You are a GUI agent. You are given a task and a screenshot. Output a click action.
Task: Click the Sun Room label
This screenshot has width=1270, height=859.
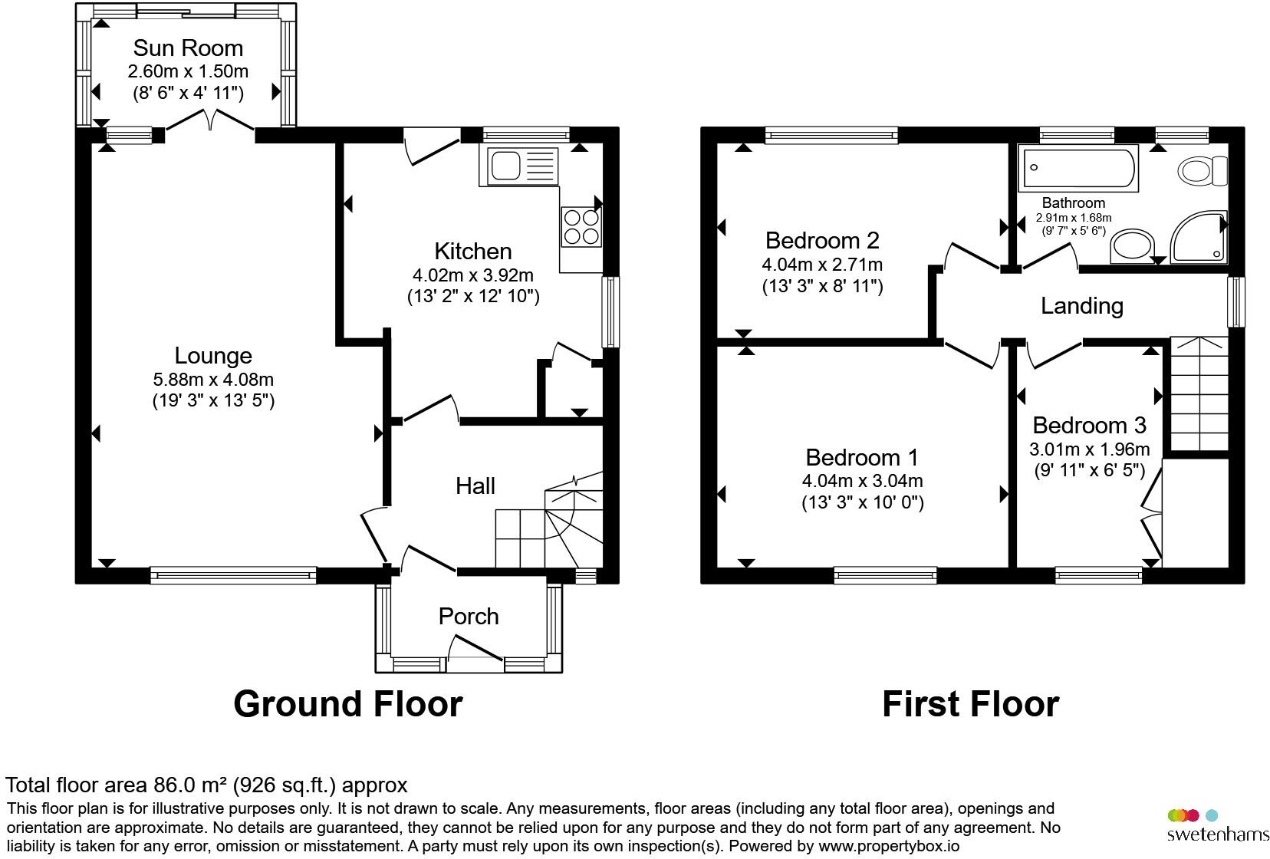188,48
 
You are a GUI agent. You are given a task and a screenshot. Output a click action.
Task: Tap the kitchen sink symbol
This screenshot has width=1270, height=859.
518,166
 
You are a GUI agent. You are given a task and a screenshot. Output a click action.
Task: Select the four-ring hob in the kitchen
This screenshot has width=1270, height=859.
581,227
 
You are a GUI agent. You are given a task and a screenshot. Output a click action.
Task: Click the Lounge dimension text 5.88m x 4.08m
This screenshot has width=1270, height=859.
213,380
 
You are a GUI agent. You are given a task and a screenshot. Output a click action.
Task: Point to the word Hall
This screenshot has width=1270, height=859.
475,486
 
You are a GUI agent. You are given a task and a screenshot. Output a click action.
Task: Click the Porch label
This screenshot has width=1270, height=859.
469,617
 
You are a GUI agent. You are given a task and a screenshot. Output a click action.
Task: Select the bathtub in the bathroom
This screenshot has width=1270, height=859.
1078,168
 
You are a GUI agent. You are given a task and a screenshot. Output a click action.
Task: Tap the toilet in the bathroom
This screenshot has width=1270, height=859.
1203,170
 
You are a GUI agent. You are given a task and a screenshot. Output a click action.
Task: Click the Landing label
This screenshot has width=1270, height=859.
1082,306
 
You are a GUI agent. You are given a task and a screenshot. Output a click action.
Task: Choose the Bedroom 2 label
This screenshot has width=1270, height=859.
822,241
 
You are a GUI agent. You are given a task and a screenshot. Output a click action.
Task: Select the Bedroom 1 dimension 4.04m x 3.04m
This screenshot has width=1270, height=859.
862,481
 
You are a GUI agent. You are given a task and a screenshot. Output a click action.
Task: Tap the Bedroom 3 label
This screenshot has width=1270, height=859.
1089,425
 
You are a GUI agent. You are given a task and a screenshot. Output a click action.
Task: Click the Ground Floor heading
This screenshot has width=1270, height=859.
348,704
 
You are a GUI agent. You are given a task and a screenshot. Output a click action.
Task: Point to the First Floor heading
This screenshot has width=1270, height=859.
971,704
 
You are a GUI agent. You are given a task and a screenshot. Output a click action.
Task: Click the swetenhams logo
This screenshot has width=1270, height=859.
1218,825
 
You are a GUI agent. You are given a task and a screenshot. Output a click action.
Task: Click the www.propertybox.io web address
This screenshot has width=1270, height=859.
889,847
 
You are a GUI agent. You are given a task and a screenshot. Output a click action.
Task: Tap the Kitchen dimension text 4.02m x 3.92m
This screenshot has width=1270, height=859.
473,275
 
